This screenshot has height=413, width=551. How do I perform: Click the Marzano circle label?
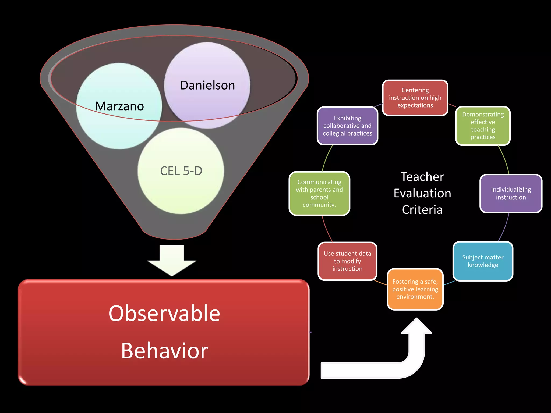(x=119, y=106)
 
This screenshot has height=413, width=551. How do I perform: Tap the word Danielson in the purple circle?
(x=207, y=85)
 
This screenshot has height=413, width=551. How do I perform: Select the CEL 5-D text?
(x=181, y=171)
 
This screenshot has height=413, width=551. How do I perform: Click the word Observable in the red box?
(x=164, y=314)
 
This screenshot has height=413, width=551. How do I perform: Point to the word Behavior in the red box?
(x=164, y=351)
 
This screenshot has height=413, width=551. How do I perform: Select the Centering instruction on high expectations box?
(x=415, y=98)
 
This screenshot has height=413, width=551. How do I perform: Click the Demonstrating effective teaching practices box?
(x=483, y=126)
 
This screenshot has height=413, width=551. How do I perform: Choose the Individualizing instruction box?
(x=511, y=194)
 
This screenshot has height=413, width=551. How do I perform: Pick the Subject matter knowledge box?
(x=483, y=261)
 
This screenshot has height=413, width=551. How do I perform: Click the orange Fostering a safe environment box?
(x=415, y=289)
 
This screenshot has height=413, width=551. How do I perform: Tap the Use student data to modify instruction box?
(x=347, y=261)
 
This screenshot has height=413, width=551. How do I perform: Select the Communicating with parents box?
(x=319, y=194)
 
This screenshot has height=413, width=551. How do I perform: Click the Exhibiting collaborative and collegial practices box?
(x=347, y=126)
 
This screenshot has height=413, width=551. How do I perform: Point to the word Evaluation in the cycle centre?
(x=422, y=193)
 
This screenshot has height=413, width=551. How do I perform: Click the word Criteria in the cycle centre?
(x=422, y=210)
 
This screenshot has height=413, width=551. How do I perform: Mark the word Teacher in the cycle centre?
(x=422, y=177)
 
